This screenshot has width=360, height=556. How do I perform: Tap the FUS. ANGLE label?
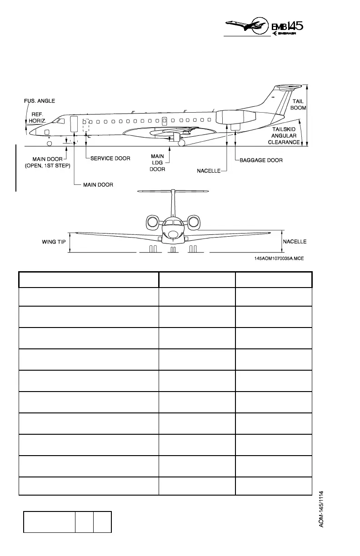point(40,101)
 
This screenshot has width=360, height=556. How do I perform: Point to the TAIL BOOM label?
point(298,104)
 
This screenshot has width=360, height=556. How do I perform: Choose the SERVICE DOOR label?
point(110,159)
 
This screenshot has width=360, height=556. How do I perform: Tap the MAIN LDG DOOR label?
point(158,163)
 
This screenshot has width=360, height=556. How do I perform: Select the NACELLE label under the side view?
point(209,171)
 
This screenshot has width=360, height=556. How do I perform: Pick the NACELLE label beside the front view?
point(295,242)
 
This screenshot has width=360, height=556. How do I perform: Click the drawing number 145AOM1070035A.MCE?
point(279,258)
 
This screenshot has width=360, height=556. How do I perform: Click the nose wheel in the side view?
point(49,143)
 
